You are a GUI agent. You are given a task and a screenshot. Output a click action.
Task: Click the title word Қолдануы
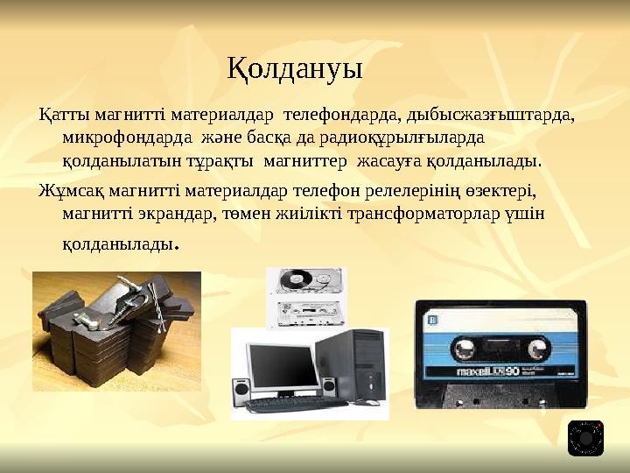295,67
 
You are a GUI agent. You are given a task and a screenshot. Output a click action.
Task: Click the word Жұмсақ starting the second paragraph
64,189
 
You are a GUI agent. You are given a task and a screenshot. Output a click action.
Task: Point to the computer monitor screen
280,366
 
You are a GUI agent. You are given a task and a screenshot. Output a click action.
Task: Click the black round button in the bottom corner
585,438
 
